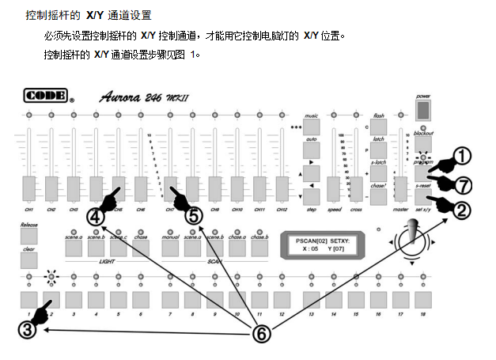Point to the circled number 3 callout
coord(28,330)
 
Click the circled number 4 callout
coord(96,214)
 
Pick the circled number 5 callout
coord(194,214)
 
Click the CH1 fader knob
coord(28,189)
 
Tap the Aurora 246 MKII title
coord(146,98)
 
